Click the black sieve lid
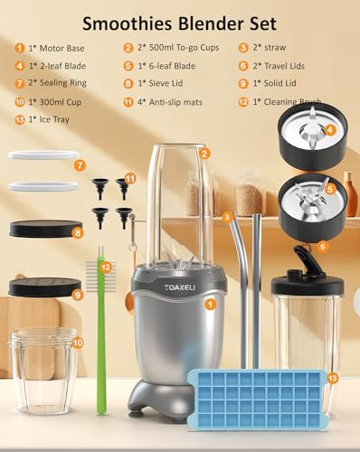pos(45,230)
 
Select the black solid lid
pos(45,287)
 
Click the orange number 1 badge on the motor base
pos(210,305)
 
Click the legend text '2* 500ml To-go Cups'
pos(179,47)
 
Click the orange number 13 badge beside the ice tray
pos(332,377)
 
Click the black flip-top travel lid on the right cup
pos(306,276)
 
